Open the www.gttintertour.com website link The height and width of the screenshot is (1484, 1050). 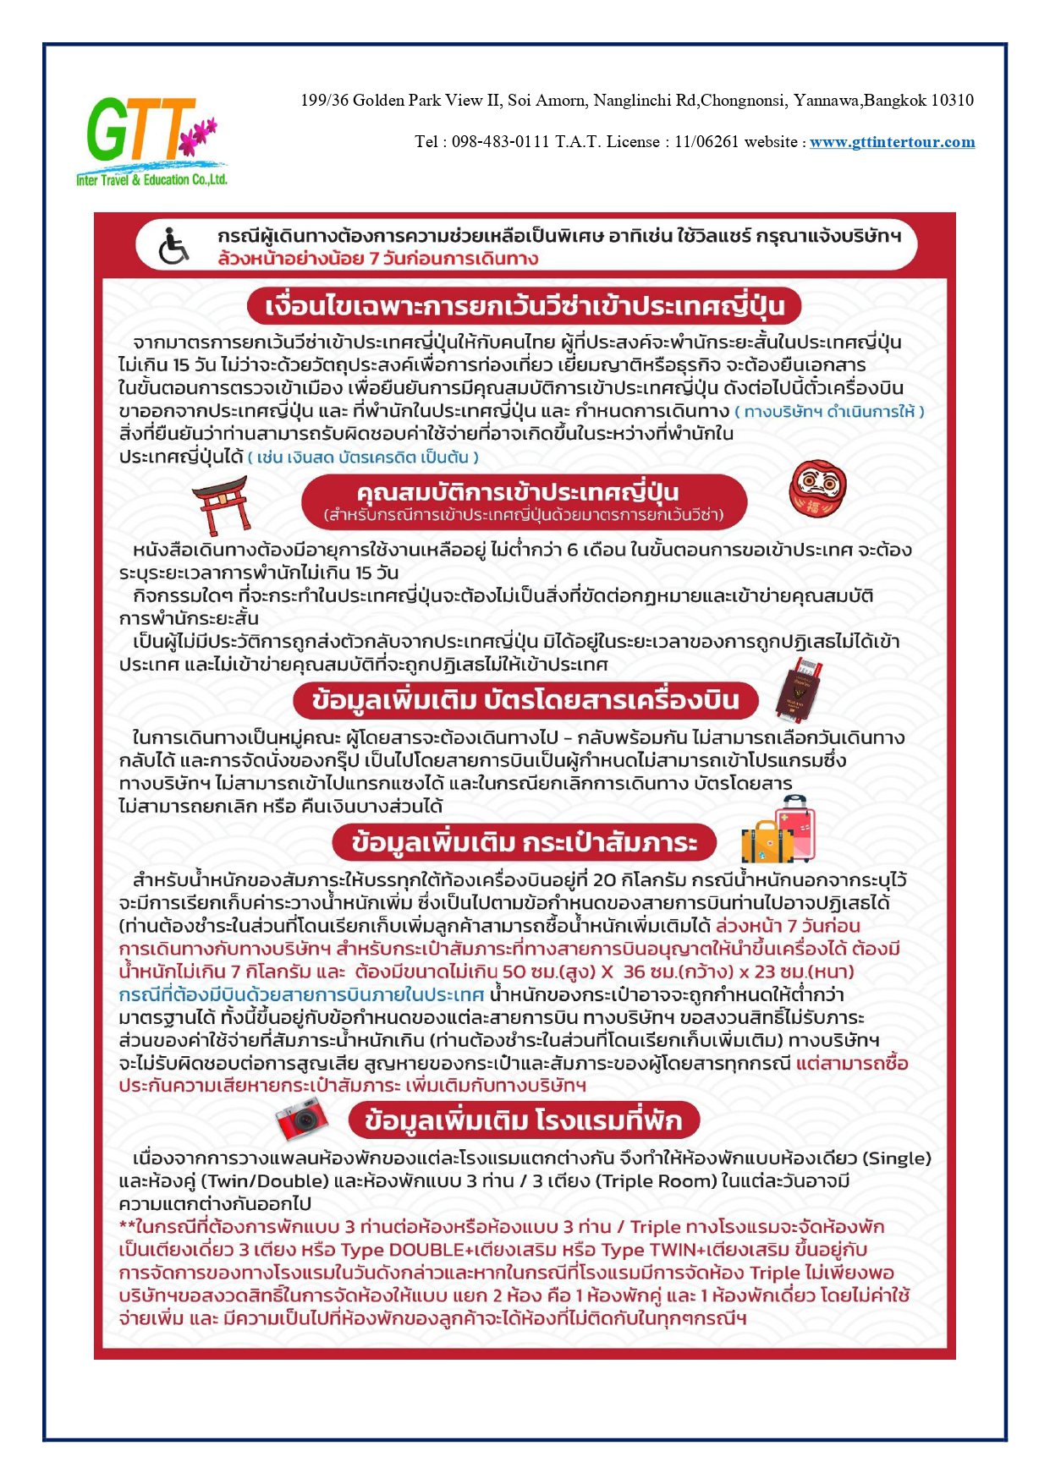(892, 142)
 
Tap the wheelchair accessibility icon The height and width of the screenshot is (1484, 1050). (173, 246)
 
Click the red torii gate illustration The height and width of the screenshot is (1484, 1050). (220, 504)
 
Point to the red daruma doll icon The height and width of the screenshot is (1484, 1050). (817, 489)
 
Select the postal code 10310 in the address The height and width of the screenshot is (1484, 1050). (952, 101)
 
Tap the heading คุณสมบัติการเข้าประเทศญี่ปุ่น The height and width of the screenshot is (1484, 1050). (524, 492)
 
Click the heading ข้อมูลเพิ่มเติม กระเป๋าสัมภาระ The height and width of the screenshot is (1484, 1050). (525, 842)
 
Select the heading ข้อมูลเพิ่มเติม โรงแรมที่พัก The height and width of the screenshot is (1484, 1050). (524, 1121)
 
